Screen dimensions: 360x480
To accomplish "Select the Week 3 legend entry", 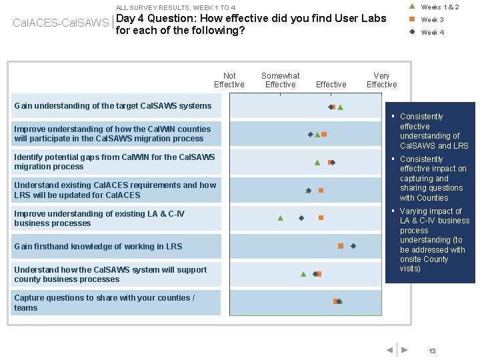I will [432, 19].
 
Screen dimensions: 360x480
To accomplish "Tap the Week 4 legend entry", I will [432, 32].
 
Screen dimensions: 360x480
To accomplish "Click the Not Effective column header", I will [229, 80].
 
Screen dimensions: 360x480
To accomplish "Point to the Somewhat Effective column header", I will [280, 80].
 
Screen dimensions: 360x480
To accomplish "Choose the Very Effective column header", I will [381, 80].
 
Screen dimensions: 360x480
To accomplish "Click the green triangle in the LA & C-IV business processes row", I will [281, 218].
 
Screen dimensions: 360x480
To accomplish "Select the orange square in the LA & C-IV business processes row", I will [321, 218].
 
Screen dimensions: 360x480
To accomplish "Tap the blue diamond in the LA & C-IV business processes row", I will [301, 218].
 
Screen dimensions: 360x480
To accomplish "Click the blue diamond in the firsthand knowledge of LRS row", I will [353, 246].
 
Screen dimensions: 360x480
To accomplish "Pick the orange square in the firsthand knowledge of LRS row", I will [341, 246].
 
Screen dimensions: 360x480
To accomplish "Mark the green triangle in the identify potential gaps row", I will [317, 162].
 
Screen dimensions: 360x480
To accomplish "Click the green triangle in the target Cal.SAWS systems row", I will [340, 107].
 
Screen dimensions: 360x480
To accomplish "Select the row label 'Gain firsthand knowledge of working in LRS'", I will [98, 247].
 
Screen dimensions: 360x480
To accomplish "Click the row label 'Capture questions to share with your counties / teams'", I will [104, 303].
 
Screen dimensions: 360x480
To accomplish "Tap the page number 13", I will [432, 351].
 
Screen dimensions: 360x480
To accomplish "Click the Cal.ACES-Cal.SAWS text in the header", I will [61, 23].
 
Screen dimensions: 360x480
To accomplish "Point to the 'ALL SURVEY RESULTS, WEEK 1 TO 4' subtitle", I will [175, 7].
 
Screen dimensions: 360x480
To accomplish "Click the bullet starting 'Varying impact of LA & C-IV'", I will [433, 240].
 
